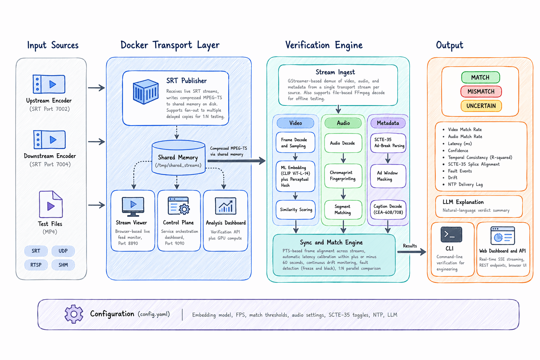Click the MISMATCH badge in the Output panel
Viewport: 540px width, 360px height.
[481, 91]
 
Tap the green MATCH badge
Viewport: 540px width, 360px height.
[480, 77]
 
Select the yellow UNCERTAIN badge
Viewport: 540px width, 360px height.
[481, 106]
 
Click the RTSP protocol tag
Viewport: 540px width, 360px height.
[36, 265]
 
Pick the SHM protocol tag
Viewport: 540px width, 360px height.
[63, 265]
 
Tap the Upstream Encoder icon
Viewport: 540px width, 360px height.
[49, 84]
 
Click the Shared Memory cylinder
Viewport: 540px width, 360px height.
[178, 158]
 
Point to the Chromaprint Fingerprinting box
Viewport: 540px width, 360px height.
[343, 176]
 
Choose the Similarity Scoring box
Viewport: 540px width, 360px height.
[296, 210]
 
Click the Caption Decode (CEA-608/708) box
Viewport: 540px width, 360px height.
[388, 209]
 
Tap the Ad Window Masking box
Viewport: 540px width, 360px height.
[388, 176]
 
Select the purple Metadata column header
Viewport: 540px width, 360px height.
[388, 123]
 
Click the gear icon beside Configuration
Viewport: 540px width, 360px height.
[74, 314]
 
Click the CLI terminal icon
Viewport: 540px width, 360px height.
[451, 234]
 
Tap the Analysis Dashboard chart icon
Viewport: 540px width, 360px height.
[225, 206]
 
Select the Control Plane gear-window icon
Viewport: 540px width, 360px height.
[179, 206]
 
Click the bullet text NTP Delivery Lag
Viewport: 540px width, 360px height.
[465, 184]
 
